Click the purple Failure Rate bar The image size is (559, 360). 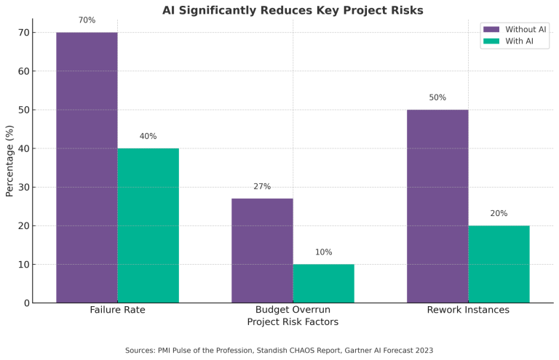pyautogui.click(x=87, y=167)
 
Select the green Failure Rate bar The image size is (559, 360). pyautogui.click(x=148, y=225)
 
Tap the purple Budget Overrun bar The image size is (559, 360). pyautogui.click(x=262, y=250)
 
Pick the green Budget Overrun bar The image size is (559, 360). pyautogui.click(x=323, y=283)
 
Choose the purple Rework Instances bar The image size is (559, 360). pyautogui.click(x=437, y=206)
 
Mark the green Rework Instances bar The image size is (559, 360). pyautogui.click(x=499, y=264)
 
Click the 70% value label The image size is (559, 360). pyautogui.click(x=87, y=20)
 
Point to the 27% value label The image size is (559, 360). pyautogui.click(x=262, y=187)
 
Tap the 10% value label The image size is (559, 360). pyautogui.click(x=323, y=252)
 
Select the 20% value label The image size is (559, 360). pyautogui.click(x=499, y=214)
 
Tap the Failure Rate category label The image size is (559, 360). pyautogui.click(x=117, y=311)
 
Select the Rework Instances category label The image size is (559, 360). pyautogui.click(x=468, y=311)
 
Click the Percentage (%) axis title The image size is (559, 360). pyautogui.click(x=9, y=160)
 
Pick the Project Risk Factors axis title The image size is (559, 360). pyautogui.click(x=293, y=321)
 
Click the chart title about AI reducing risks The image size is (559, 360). pyautogui.click(x=293, y=10)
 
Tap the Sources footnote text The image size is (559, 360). pyautogui.click(x=279, y=351)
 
